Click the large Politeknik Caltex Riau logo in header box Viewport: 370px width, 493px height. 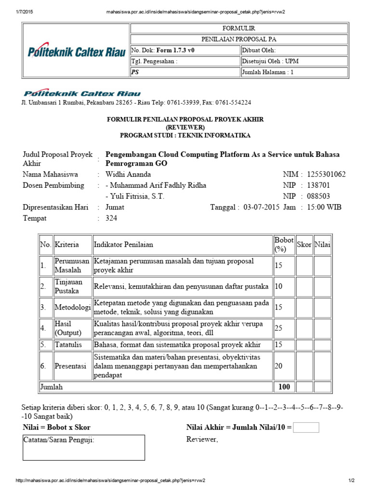76,52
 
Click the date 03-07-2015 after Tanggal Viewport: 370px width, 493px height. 261,207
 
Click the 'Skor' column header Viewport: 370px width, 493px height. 304,245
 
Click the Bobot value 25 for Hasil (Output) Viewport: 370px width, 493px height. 279,328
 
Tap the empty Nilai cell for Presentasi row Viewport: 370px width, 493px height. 323,366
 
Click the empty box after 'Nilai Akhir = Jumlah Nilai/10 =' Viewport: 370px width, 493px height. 306,428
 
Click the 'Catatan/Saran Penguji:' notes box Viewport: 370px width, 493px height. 84,447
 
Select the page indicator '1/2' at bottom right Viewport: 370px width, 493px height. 351,480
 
